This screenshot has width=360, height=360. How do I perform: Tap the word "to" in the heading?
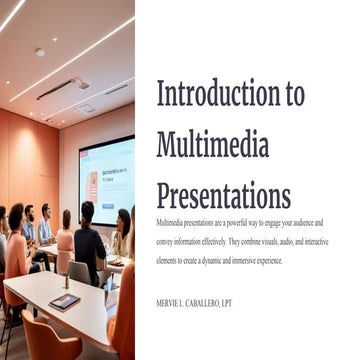(295, 93)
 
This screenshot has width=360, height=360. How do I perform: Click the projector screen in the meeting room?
(106, 180)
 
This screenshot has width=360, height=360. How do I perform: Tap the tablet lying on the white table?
(64, 301)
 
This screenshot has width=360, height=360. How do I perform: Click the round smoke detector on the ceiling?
(39, 52)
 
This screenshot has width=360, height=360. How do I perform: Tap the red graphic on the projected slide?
(93, 184)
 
